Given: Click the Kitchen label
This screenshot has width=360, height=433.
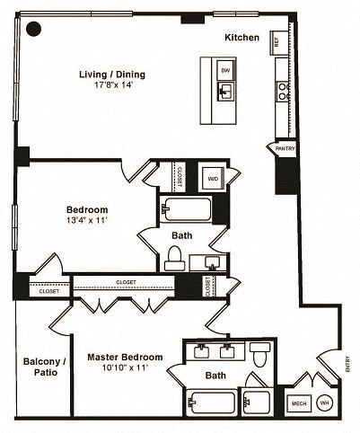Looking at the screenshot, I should tap(242, 38).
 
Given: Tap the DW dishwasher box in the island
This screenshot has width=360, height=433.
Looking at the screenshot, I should tap(225, 69).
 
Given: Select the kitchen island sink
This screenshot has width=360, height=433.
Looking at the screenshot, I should tap(225, 90).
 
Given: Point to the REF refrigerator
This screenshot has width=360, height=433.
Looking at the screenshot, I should tap(277, 42).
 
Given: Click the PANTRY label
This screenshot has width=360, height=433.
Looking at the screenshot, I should tap(285, 148).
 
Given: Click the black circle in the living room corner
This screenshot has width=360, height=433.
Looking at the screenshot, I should tap(33, 29).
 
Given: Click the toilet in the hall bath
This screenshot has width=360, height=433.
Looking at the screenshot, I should tap(173, 258).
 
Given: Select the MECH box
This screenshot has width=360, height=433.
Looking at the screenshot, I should tap(299, 404).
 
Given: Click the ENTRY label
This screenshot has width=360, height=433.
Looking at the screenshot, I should tap(347, 366).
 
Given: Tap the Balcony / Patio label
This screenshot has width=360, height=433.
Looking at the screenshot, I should tap(40, 367).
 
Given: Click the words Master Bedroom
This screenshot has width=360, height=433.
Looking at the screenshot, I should tap(124, 357).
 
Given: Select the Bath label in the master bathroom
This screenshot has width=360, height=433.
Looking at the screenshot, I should tap(215, 376).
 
